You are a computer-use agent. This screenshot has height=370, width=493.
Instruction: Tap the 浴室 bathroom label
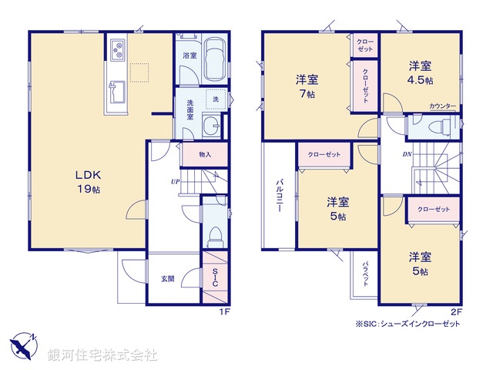coord(189,55)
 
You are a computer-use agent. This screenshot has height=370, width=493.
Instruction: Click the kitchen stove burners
coord(118,52)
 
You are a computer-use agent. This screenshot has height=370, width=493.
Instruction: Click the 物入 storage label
coord(205,155)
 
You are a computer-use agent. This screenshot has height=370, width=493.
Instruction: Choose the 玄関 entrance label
coord(168,278)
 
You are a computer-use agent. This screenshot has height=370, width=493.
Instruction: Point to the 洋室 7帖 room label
coord(307,86)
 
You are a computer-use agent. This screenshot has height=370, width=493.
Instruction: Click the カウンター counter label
coord(442,106)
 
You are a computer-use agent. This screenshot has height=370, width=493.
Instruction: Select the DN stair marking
coord(406,154)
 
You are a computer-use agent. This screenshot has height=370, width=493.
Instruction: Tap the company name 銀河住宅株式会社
coord(104,355)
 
